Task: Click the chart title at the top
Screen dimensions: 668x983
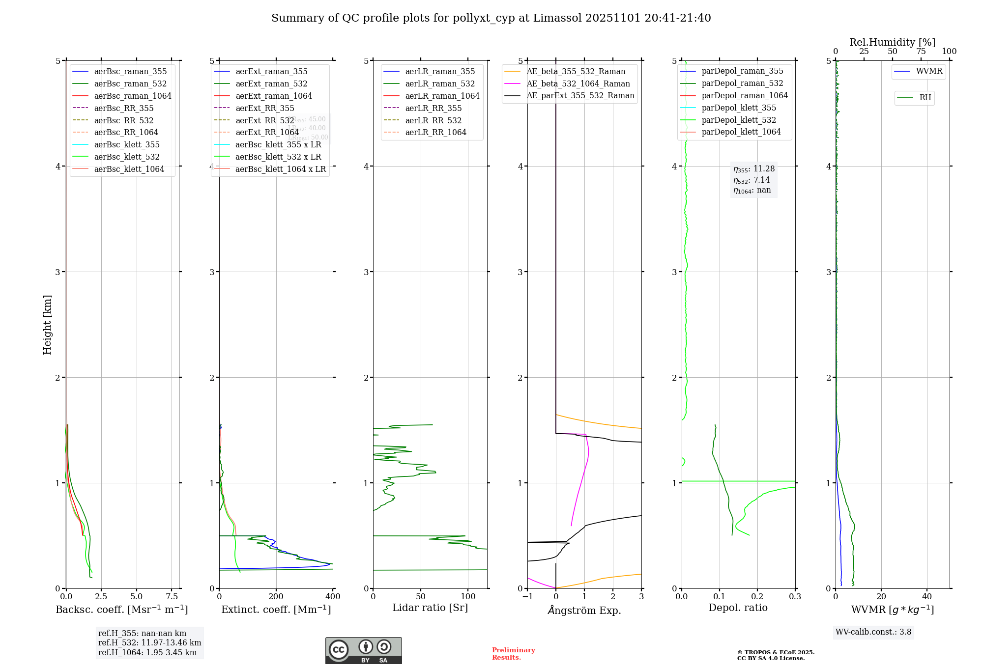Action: (x=491, y=18)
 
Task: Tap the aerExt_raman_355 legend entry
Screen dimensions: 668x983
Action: (x=271, y=72)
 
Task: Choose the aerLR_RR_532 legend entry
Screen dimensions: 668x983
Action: (x=433, y=120)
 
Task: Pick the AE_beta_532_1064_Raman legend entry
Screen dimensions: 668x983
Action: (x=578, y=83)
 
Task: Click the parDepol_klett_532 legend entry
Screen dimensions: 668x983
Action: (x=738, y=120)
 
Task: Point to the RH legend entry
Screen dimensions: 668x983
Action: (x=925, y=98)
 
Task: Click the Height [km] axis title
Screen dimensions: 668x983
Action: (x=47, y=324)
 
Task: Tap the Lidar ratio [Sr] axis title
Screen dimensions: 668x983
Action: (x=430, y=608)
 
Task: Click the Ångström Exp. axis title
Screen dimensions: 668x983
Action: (x=584, y=610)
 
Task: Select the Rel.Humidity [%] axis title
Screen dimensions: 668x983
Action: (x=892, y=42)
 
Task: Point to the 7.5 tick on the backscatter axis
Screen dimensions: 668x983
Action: (x=172, y=596)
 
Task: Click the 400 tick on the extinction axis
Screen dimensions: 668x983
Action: (x=333, y=596)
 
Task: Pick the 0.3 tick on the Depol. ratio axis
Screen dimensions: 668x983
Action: (x=795, y=596)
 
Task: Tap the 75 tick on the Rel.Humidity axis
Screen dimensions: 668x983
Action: (x=921, y=52)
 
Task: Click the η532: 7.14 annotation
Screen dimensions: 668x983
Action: (x=752, y=180)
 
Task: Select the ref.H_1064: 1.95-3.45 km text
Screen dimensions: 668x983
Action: (x=147, y=652)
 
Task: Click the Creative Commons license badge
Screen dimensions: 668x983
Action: (x=363, y=650)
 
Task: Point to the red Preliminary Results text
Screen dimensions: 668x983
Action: (x=513, y=653)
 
